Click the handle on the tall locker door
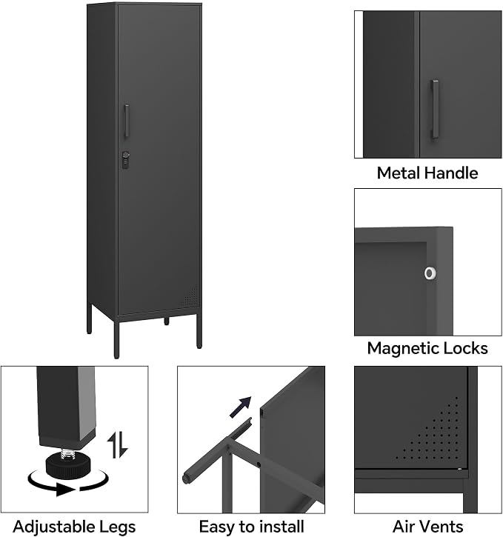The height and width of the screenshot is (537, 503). pos(127,121)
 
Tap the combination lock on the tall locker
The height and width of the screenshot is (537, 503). pos(126,160)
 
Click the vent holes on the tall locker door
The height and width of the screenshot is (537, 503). pos(190,296)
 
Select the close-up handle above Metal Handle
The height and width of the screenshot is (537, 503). pos(435,110)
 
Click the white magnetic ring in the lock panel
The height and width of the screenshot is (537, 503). pos(430,273)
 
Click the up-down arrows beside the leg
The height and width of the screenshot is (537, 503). pos(118,445)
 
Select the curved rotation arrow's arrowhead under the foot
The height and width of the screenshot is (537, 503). pos(65,490)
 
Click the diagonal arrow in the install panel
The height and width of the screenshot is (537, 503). pos(240,407)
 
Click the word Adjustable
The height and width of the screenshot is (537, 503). pos(49,527)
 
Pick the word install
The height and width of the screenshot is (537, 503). pos(281,527)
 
